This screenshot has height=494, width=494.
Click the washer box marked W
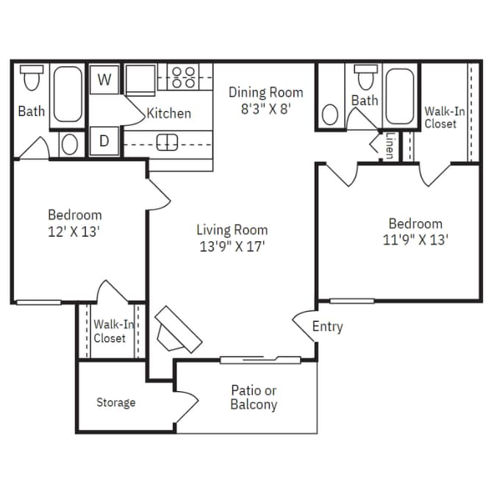click(104, 79)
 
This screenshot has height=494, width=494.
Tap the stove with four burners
click(184, 77)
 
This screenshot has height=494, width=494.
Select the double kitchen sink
click(168, 142)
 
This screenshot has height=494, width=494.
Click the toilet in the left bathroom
click(31, 76)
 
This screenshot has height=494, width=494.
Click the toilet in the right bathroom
click(364, 76)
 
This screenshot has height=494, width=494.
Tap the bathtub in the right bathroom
click(401, 96)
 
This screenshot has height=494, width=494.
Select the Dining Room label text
click(265, 93)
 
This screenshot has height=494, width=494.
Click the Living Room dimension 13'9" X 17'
click(232, 247)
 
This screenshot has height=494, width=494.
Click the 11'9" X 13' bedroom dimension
click(415, 240)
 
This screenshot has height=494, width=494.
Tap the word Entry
click(327, 326)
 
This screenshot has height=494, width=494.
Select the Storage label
click(116, 403)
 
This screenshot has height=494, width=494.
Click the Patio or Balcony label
click(254, 398)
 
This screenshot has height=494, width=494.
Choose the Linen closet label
click(389, 146)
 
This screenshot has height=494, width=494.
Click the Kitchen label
click(169, 113)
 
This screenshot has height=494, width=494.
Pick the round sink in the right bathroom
click(331, 115)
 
